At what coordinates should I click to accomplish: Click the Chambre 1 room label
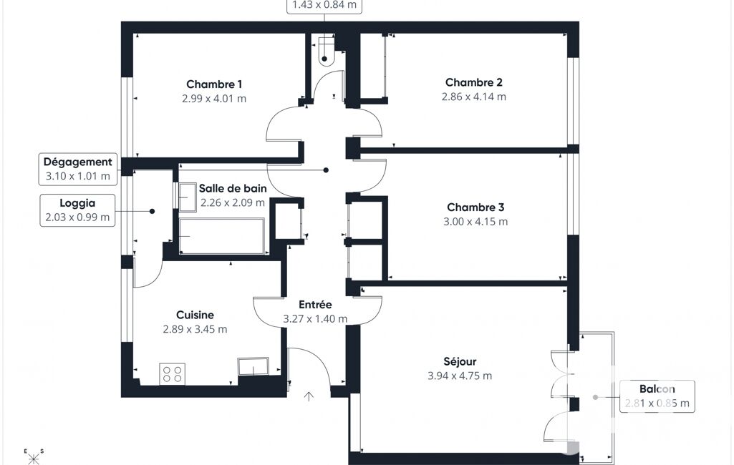(214, 84)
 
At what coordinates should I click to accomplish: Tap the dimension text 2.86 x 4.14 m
(474, 97)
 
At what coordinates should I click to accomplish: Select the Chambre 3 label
(475, 207)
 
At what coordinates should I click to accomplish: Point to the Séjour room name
(460, 361)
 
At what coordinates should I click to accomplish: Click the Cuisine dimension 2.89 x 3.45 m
(195, 329)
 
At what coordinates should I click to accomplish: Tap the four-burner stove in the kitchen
(173, 374)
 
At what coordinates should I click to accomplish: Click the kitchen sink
(253, 367)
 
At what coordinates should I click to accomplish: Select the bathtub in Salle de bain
(222, 236)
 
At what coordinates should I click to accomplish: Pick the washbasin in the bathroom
(187, 197)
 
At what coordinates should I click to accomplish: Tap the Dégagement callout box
(78, 169)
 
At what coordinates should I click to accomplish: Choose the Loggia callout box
(77, 210)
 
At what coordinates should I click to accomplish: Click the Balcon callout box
(657, 397)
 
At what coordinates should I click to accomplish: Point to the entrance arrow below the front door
(309, 397)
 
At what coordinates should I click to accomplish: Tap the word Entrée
(315, 305)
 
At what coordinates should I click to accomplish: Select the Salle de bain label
(233, 189)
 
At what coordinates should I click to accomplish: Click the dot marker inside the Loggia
(152, 212)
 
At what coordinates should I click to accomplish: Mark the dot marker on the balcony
(596, 397)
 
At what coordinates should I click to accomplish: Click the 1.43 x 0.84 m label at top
(324, 5)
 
